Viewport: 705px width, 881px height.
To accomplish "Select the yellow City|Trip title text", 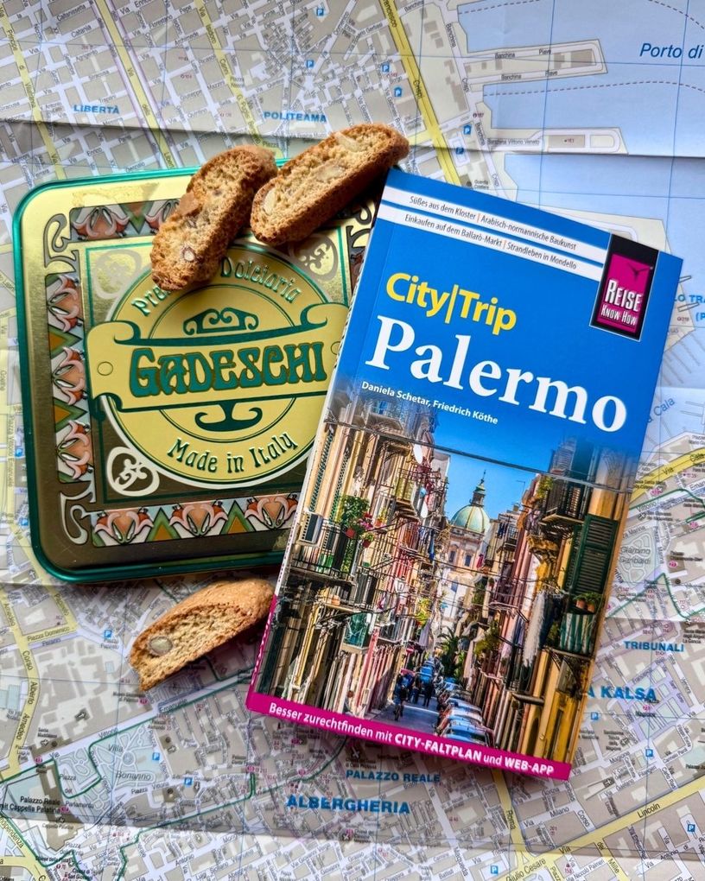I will click(450, 301).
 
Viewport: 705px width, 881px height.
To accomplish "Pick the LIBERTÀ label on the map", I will click(97, 109).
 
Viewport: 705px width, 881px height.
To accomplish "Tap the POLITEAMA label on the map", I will click(295, 115).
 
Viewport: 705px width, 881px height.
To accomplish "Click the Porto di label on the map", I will click(670, 50).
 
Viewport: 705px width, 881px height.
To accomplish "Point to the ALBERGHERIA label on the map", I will click(347, 804).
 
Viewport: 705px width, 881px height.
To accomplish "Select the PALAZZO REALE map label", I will click(392, 776).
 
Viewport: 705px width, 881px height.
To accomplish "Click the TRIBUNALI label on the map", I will click(654, 645).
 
